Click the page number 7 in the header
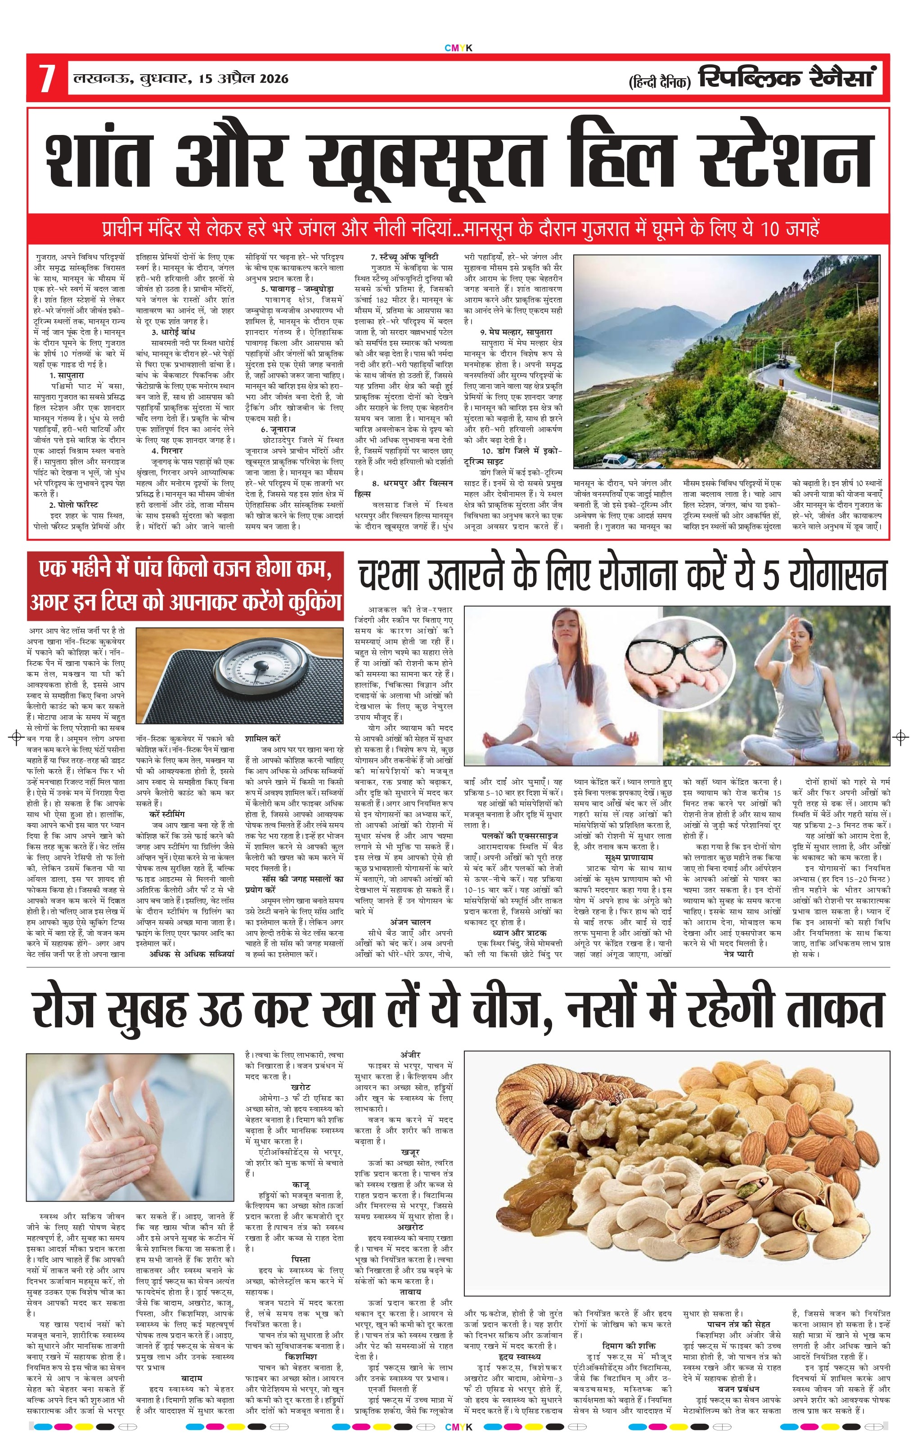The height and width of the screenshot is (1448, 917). click(x=47, y=78)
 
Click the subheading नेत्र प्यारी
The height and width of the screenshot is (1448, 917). click(x=737, y=954)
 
